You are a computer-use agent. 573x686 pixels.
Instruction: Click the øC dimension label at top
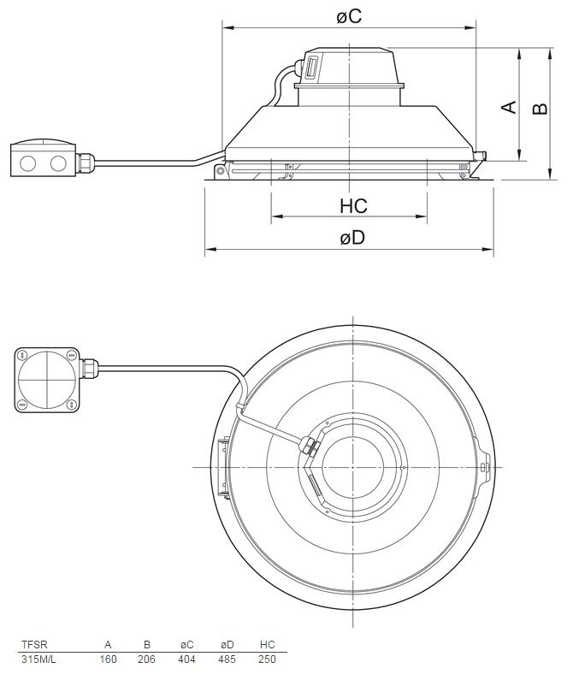point(349,15)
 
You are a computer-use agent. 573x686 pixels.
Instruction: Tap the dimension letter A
point(509,107)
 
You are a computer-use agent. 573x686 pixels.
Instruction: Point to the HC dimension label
point(352,206)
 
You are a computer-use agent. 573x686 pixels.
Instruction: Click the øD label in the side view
point(351,239)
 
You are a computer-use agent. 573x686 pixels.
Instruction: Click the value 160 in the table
point(108,659)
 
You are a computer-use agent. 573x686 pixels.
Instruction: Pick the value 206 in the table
point(147,659)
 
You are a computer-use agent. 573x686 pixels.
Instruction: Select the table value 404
point(186,659)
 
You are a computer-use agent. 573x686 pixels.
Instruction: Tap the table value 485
point(227,659)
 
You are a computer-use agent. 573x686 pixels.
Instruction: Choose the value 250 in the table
point(266,659)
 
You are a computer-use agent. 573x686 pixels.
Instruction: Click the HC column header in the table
point(266,645)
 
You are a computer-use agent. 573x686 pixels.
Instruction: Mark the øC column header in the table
point(186,645)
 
